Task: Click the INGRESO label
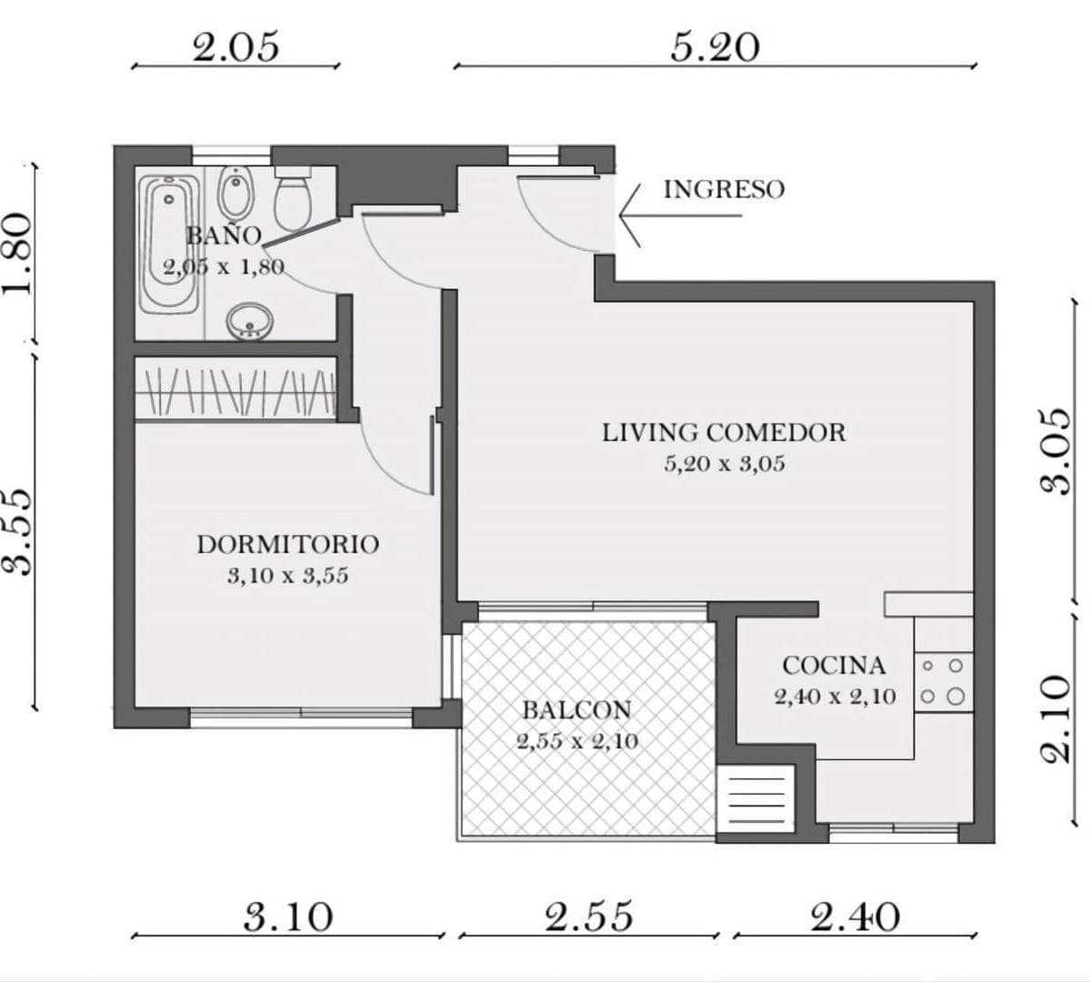point(724,189)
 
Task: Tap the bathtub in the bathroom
point(169,244)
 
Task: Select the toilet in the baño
point(293,198)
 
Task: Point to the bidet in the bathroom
point(236,193)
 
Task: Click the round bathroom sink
point(250,321)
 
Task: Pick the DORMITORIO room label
point(287,545)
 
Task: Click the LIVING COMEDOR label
point(724,433)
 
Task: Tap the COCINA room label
point(834,666)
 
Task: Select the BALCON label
point(577,710)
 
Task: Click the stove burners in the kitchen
point(943,681)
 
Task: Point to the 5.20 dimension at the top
point(715,48)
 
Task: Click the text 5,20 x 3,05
point(725,464)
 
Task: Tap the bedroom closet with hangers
point(235,389)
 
